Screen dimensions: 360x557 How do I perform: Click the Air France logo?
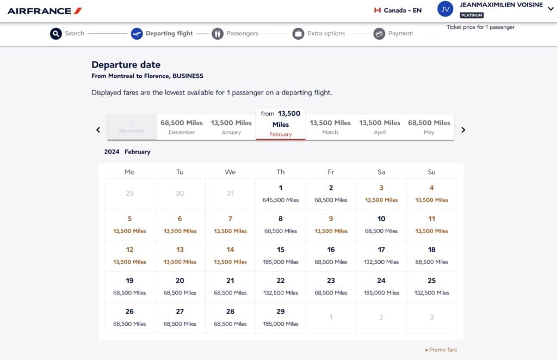pyautogui.click(x=45, y=11)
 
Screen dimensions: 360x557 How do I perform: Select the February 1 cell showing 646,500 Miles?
pyautogui.click(x=281, y=194)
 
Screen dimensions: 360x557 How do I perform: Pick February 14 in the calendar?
pyautogui.click(x=230, y=256)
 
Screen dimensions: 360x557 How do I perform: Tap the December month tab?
pyautogui.click(x=182, y=127)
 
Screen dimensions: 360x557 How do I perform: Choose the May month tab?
pyautogui.click(x=429, y=127)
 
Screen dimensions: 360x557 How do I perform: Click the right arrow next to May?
pyautogui.click(x=463, y=130)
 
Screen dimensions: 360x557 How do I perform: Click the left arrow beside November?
pyautogui.click(x=98, y=130)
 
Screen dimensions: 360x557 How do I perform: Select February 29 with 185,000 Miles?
pyautogui.click(x=281, y=317)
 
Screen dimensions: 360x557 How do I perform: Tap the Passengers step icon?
pyautogui.click(x=218, y=34)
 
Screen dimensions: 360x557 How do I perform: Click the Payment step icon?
pyautogui.click(x=379, y=34)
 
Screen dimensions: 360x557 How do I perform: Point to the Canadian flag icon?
pyautogui.click(x=377, y=10)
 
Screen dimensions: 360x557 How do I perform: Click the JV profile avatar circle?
pyautogui.click(x=445, y=9)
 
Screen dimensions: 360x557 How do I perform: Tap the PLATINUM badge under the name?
pyautogui.click(x=472, y=15)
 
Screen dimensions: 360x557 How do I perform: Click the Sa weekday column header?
pyautogui.click(x=381, y=172)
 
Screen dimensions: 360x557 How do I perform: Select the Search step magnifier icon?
pyautogui.click(x=56, y=34)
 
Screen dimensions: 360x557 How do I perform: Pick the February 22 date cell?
pyautogui.click(x=281, y=286)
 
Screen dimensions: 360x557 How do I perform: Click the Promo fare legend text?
pyautogui.click(x=443, y=350)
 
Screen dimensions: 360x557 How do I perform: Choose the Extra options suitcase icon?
pyautogui.click(x=298, y=34)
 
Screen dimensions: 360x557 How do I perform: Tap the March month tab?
pyautogui.click(x=330, y=127)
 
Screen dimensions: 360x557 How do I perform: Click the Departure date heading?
pyautogui.click(x=126, y=65)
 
